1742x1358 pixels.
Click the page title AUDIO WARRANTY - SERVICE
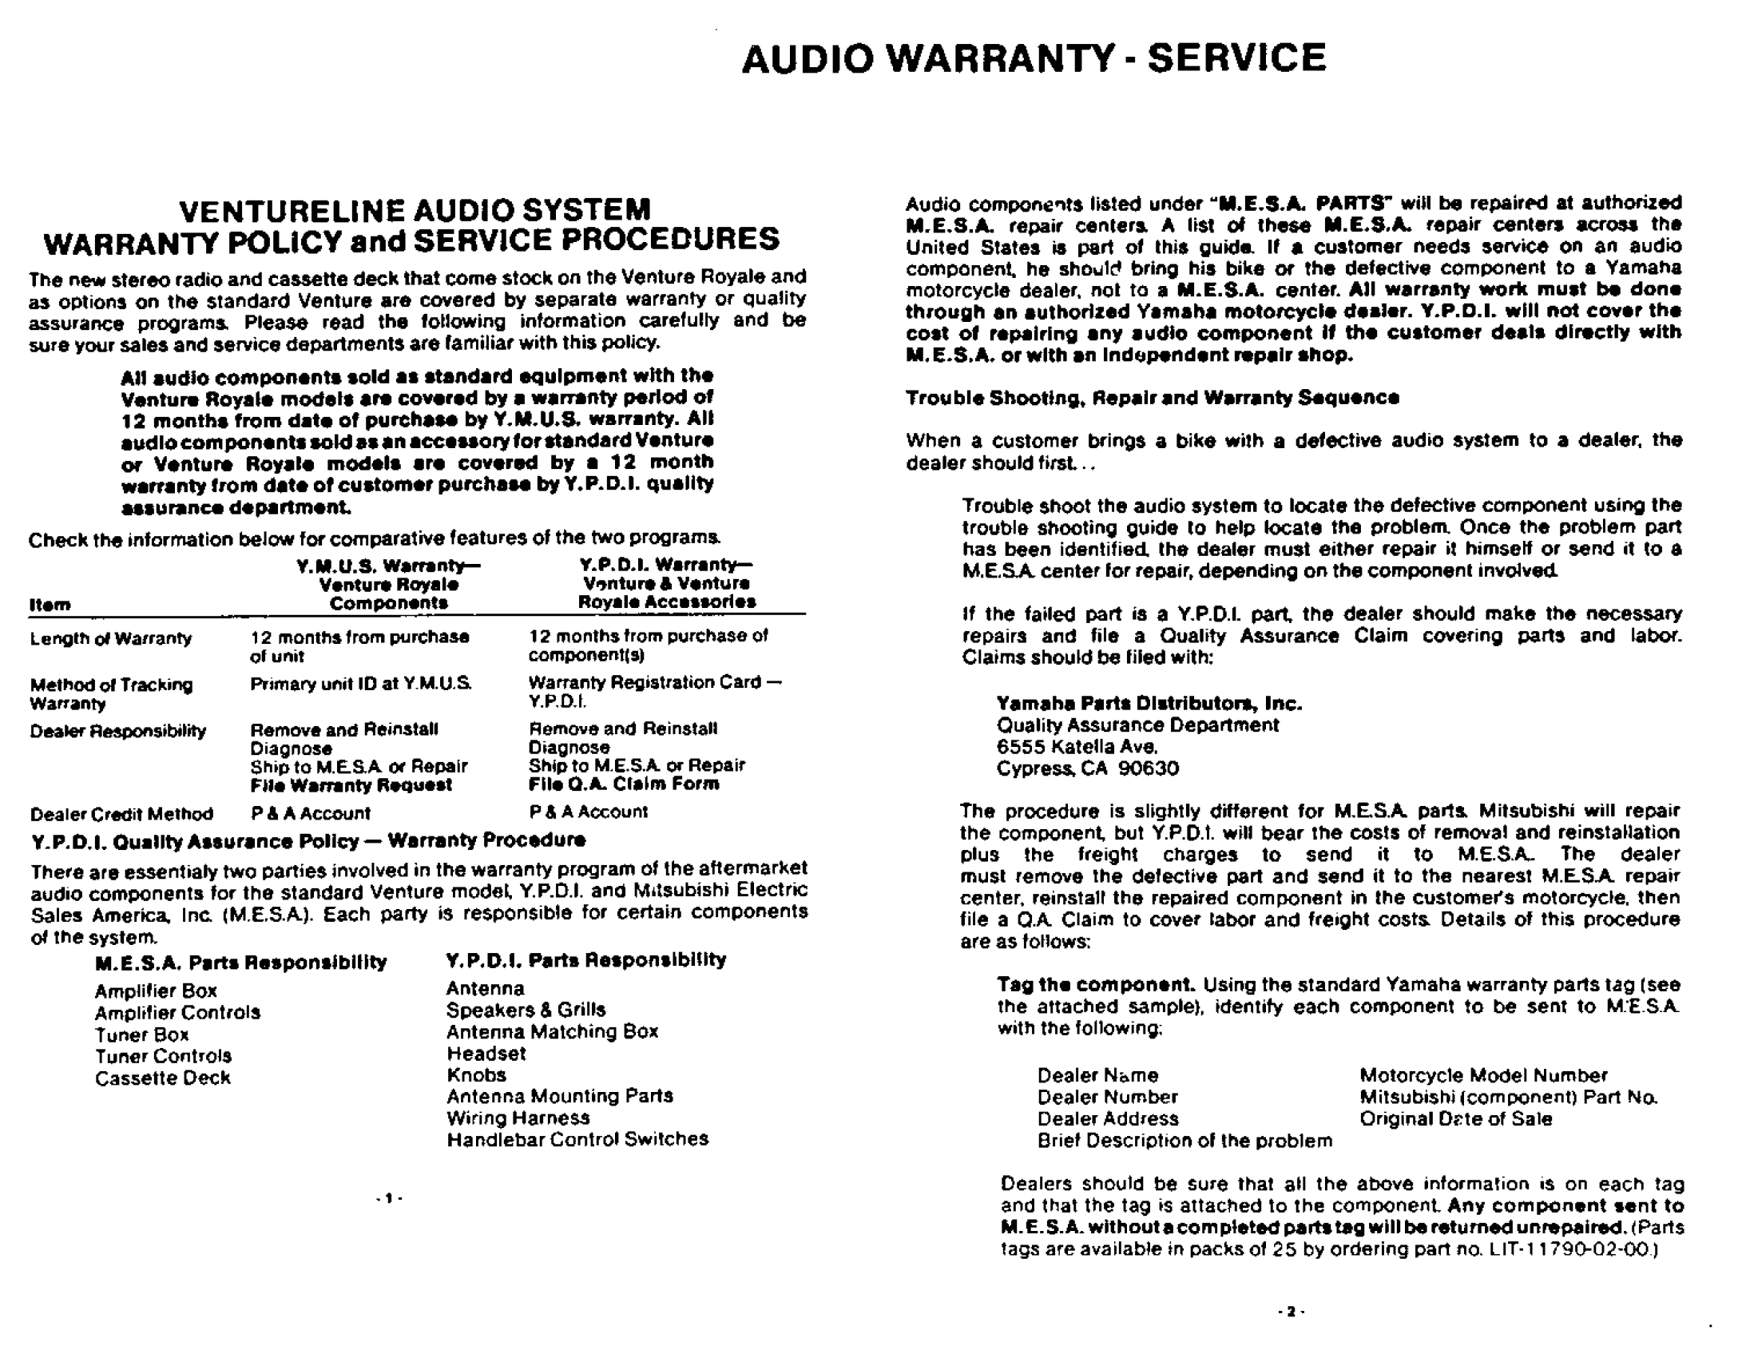[1034, 58]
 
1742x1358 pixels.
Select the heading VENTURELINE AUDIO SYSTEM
[415, 210]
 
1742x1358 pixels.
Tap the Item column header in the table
[50, 605]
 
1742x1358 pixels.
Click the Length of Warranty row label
[111, 638]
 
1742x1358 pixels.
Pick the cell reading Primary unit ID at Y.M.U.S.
[361, 684]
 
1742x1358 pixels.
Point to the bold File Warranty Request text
[351, 785]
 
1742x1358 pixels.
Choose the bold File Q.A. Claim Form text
[623, 784]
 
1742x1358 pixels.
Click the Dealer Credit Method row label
[121, 814]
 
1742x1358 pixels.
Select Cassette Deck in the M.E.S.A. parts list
[162, 1078]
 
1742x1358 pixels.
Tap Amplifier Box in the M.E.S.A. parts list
[156, 991]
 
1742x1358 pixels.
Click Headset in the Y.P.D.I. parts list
[486, 1053]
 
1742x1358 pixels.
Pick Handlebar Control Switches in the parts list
[577, 1139]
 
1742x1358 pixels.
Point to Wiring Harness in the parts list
[518, 1118]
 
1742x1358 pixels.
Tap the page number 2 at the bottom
[1291, 1311]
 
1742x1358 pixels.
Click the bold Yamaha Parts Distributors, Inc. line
[1149, 704]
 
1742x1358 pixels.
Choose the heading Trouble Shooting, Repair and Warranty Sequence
[1152, 398]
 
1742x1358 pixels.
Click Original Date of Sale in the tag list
[1455, 1118]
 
